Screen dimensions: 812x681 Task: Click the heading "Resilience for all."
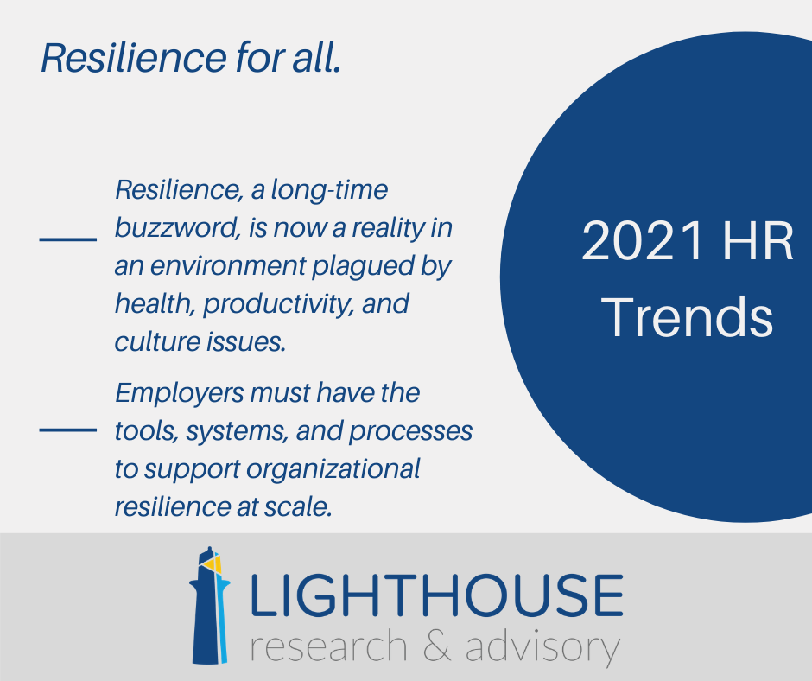[x=191, y=58]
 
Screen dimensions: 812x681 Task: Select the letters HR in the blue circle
[x=758, y=241]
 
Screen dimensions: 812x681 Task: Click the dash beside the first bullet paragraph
[x=68, y=239]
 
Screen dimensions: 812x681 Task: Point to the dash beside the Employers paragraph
[x=68, y=430]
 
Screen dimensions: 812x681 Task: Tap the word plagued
[x=363, y=267]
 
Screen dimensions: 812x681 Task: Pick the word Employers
[x=179, y=394]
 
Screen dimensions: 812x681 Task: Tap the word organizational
[x=333, y=469]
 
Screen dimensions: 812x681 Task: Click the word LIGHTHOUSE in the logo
[x=436, y=595]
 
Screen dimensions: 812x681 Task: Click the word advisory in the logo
[x=542, y=646]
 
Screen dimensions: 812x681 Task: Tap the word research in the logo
[x=328, y=646]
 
